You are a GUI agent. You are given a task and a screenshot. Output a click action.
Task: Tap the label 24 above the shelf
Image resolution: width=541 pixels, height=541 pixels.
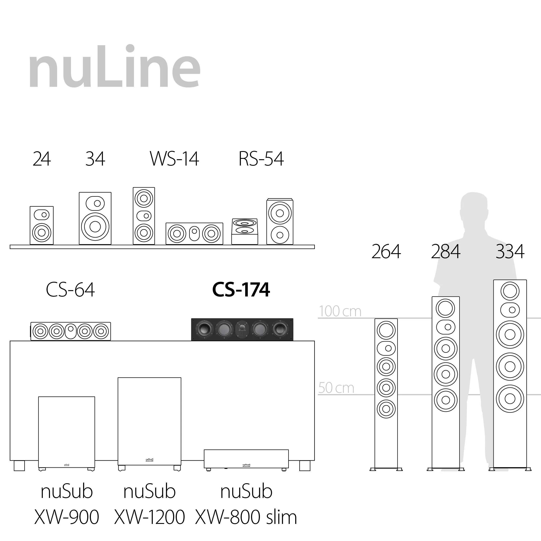tap(42, 159)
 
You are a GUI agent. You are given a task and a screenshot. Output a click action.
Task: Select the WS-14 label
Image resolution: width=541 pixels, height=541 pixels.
tap(174, 159)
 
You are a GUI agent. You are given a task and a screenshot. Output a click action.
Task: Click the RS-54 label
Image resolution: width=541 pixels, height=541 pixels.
tap(261, 159)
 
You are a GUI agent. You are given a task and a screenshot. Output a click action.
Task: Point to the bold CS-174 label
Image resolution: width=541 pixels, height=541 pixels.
tap(241, 290)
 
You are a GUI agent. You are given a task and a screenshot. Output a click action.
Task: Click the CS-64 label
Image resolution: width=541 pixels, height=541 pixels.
tap(70, 290)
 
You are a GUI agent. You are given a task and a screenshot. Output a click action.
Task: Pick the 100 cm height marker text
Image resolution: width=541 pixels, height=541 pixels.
tap(340, 311)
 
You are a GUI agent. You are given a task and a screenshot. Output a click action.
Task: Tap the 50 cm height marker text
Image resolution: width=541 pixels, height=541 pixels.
tap(336, 388)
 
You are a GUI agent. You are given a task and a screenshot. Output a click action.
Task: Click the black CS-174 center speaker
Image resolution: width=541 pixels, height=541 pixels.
tap(242, 330)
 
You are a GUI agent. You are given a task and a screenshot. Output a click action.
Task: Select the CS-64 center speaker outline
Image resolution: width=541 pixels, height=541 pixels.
tap(71, 331)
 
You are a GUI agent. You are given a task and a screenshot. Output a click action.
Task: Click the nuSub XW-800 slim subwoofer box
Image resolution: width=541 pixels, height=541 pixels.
tap(246, 459)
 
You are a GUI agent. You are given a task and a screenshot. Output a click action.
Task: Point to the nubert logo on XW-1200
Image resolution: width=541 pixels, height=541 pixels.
tap(149, 460)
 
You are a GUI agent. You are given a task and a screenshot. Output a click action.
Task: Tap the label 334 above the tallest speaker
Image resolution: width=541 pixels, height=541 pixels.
tap(510, 251)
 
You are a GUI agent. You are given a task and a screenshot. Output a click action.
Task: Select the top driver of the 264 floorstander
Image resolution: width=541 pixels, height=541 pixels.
tap(386, 330)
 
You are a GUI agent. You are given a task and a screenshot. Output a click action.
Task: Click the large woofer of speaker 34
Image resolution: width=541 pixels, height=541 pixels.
tap(95, 227)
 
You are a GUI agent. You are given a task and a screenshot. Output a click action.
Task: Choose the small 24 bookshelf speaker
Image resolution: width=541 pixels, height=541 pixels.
tap(42, 225)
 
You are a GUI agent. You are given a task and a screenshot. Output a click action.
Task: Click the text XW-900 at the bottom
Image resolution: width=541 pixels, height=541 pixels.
tap(67, 517)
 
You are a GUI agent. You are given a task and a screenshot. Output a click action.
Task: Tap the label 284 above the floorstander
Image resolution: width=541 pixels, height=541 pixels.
tap(446, 251)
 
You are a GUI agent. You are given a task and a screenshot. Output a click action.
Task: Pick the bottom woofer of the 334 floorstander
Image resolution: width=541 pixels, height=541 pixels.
tap(510, 399)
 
